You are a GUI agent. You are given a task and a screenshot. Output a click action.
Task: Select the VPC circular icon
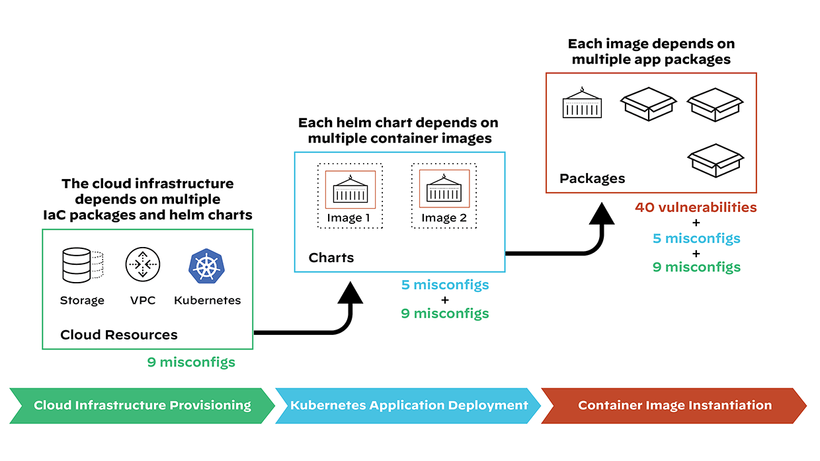coord(143,266)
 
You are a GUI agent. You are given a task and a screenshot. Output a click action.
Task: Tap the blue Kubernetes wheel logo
coord(207,266)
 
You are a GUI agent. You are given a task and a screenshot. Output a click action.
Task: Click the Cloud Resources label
coord(119,335)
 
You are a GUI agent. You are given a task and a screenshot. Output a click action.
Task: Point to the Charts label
coord(331,258)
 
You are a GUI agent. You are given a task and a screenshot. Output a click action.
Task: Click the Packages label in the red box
coord(592,178)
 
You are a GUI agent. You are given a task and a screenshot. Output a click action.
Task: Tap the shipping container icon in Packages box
coord(582,104)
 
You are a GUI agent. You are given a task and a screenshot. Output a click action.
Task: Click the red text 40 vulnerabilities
coord(696,207)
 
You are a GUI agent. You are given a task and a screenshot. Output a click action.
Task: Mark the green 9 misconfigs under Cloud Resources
coord(191,362)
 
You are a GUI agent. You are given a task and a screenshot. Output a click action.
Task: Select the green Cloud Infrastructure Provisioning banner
coord(142,405)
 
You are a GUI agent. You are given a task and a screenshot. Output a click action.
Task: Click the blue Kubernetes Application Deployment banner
coord(409,405)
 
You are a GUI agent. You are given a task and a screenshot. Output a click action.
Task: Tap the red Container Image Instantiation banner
coord(675,405)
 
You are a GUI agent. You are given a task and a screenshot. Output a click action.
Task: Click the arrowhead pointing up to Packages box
coord(602,214)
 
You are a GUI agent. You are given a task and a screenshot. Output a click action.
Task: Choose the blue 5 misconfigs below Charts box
coord(445,285)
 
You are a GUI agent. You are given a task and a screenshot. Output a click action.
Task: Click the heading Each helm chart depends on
coord(398,123)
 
